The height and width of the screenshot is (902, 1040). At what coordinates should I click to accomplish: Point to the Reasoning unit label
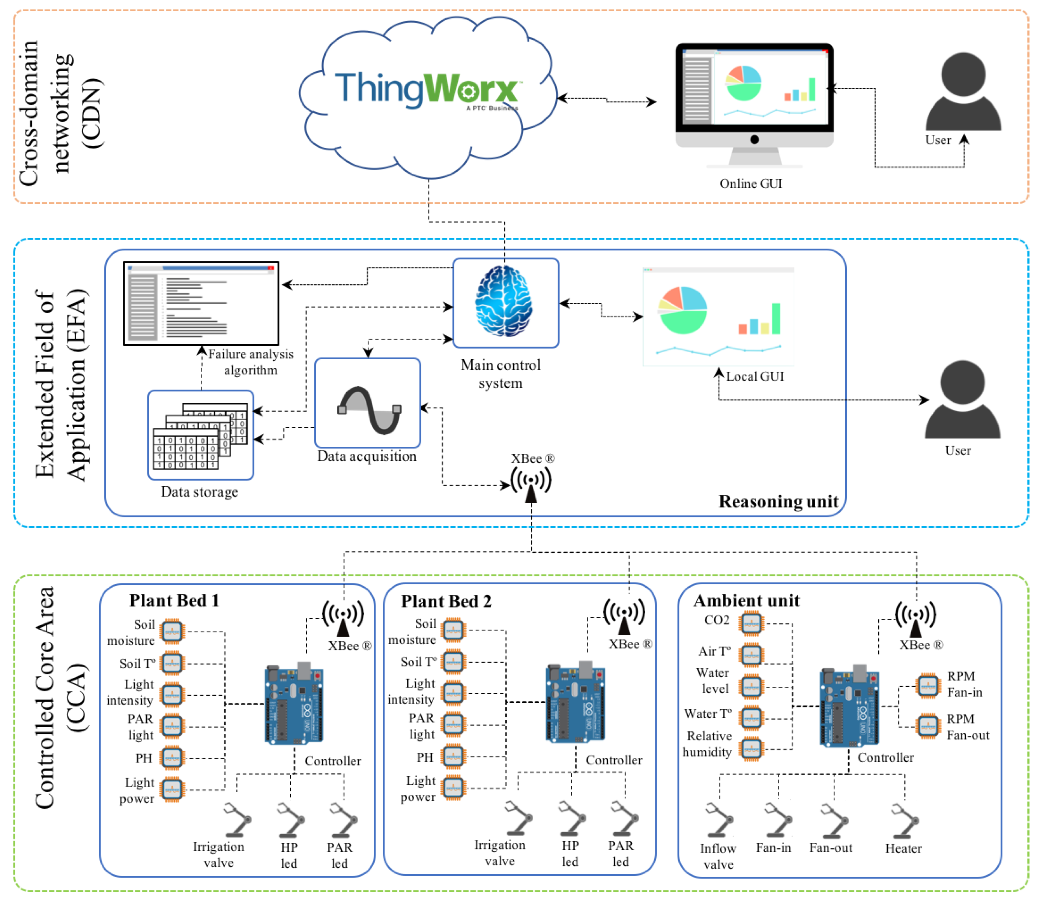tap(778, 501)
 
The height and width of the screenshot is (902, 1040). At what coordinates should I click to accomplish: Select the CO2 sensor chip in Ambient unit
tap(751, 623)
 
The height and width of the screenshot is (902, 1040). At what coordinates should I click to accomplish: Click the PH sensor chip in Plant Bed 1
tap(172, 758)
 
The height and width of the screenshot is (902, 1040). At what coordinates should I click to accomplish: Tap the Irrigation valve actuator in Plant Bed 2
tap(518, 818)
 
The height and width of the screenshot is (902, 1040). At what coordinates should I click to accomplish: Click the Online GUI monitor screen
tap(754, 88)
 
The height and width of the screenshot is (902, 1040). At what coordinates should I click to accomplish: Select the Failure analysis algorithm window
tap(201, 303)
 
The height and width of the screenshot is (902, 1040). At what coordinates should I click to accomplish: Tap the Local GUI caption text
tap(754, 377)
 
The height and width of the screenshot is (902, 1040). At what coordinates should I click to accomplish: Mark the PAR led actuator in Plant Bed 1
tap(343, 819)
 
